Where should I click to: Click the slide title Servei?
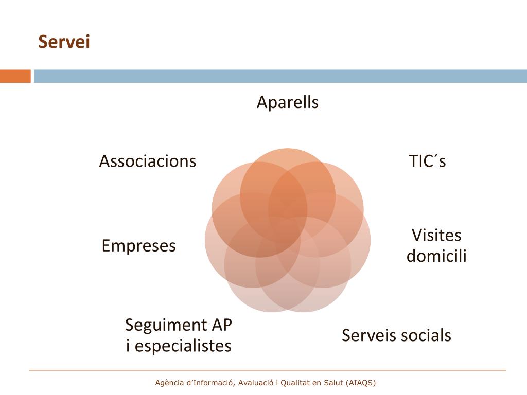point(64,42)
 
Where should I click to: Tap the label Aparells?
point(288,102)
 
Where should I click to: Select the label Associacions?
point(148,161)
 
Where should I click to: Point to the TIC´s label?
point(427,161)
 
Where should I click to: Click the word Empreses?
point(138,246)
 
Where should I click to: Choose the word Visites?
point(436,236)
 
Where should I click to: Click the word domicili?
point(436,256)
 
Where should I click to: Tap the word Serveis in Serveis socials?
point(369,335)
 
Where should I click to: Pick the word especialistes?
point(183,346)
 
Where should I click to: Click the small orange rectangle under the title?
point(15,76)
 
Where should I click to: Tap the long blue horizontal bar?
point(280,76)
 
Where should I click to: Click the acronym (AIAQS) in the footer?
point(361,383)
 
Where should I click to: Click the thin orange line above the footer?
point(268,370)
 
